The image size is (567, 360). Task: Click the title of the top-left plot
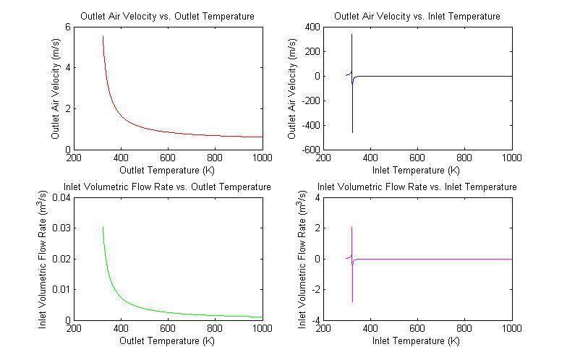(x=167, y=16)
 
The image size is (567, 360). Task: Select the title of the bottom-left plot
(x=167, y=187)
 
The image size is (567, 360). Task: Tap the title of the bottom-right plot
(x=417, y=187)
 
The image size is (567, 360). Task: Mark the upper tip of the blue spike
(x=352, y=35)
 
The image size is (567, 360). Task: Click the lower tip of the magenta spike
(x=352, y=301)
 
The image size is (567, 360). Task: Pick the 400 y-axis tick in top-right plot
(x=313, y=27)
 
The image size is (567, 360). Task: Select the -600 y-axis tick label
(x=311, y=150)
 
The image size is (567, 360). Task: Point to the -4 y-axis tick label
(x=317, y=320)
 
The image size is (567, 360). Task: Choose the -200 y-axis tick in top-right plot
(x=311, y=100)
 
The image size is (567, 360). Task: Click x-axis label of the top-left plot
(x=167, y=170)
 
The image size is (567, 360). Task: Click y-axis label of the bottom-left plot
(x=44, y=259)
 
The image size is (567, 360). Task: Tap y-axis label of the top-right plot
(x=292, y=88)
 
